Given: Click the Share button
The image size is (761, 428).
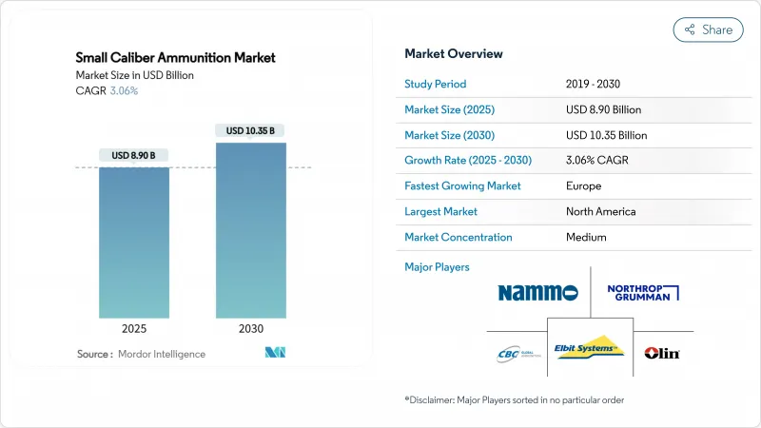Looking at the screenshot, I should point(709,29).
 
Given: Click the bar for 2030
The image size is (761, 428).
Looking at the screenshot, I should point(251,230).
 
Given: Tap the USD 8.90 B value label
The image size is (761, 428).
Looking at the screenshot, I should point(134,155).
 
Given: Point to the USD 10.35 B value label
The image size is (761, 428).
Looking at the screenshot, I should point(251,130).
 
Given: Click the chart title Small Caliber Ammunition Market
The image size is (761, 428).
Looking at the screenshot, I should point(176,58).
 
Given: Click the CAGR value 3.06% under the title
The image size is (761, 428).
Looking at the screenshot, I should point(123,90).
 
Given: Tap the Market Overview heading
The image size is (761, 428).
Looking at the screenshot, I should point(454,54).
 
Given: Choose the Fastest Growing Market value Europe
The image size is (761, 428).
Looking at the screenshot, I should point(584,185).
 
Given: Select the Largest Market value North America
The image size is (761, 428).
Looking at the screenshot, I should point(601,211).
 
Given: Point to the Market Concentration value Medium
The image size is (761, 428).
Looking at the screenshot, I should point(586,237).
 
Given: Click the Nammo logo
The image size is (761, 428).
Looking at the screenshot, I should point(537,292).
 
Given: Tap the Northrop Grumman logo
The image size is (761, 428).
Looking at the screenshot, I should point(642,292).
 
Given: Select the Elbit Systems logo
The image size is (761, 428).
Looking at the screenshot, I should point(589,349).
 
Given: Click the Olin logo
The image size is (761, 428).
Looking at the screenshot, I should point(662,353).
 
